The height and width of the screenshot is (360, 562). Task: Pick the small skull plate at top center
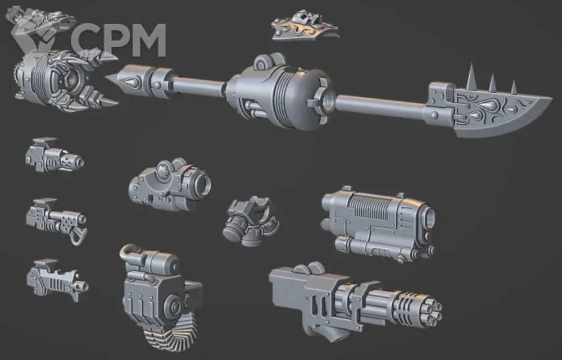(x=304, y=26)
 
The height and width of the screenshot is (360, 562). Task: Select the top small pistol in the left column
(x=54, y=156)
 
